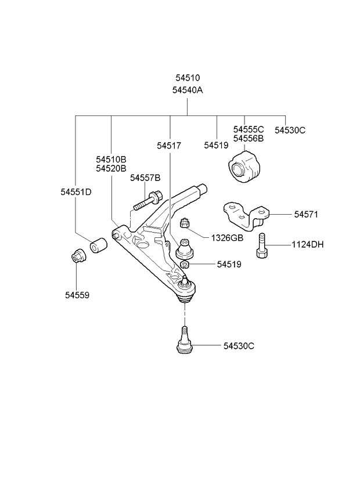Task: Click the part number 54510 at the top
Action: click(188, 78)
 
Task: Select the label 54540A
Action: click(188, 91)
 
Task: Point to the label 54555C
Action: click(249, 129)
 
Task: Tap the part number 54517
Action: click(169, 146)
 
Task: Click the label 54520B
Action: click(111, 168)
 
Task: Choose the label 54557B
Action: click(145, 178)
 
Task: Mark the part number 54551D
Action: click(76, 192)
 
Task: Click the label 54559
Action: click(77, 295)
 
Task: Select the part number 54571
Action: click(306, 215)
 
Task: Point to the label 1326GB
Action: click(227, 238)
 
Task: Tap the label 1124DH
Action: click(308, 244)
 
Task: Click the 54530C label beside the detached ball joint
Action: click(239, 346)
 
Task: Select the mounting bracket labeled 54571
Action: click(247, 216)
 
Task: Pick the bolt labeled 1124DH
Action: click(262, 245)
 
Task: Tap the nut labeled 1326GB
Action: click(183, 224)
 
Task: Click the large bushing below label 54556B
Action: click(244, 167)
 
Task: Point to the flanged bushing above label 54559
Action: click(78, 256)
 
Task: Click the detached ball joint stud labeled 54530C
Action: click(185, 341)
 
